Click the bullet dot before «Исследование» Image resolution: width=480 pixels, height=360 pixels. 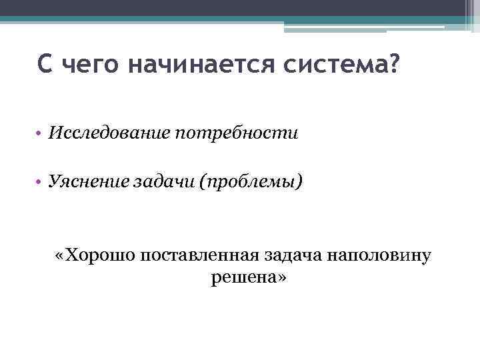41,134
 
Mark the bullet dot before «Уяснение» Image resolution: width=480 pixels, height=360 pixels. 41,182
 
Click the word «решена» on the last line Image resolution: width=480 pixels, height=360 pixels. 239,277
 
